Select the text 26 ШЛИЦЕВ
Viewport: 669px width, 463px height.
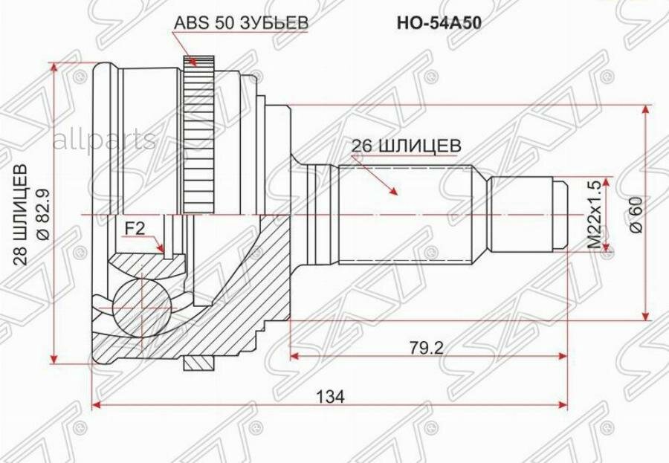pos(401,146)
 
